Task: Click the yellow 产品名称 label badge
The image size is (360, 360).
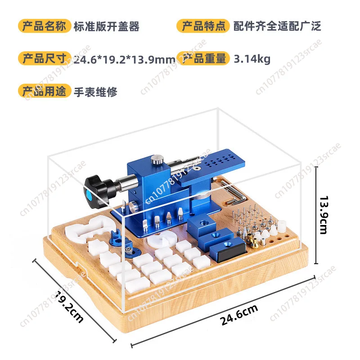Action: click(x=45, y=26)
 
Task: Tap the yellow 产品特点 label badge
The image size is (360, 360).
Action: click(x=203, y=26)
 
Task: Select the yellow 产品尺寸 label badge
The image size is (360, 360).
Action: click(x=45, y=58)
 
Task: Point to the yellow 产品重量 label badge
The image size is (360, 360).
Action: click(x=203, y=58)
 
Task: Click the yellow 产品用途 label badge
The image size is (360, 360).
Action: click(x=45, y=91)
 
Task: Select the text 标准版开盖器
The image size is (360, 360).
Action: click(x=107, y=27)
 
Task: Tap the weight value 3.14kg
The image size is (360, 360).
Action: click(x=252, y=59)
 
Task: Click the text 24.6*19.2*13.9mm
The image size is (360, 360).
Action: click(x=125, y=60)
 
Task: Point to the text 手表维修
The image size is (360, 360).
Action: click(x=95, y=92)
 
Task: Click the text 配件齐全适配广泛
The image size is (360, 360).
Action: click(x=277, y=26)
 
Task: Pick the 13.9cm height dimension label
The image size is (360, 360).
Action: click(x=324, y=215)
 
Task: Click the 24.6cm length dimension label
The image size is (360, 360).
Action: click(x=239, y=315)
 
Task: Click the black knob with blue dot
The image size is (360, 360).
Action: click(x=96, y=191)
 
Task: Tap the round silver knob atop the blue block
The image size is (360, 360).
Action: click(x=157, y=160)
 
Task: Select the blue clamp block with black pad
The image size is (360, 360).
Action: click(x=228, y=249)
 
